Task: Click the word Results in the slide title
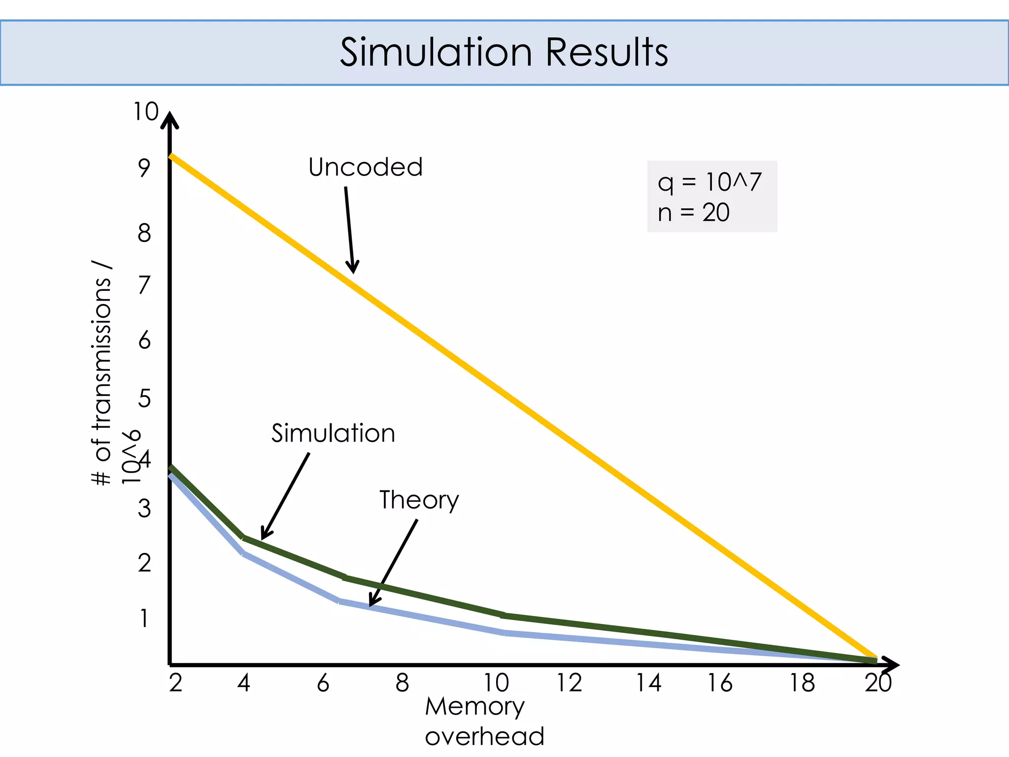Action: [607, 52]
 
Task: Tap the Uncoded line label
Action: [365, 167]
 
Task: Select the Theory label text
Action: [419, 500]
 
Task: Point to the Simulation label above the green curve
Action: [333, 433]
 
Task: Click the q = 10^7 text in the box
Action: [709, 182]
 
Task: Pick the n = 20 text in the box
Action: [693, 212]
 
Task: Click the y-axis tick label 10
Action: [146, 112]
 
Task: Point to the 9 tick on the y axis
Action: [144, 168]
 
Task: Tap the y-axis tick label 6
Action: [144, 341]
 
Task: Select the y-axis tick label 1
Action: [144, 619]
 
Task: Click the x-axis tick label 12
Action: [569, 683]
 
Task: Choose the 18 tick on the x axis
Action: [802, 683]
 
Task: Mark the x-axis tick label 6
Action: [323, 683]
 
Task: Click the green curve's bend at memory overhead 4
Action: [243, 538]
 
